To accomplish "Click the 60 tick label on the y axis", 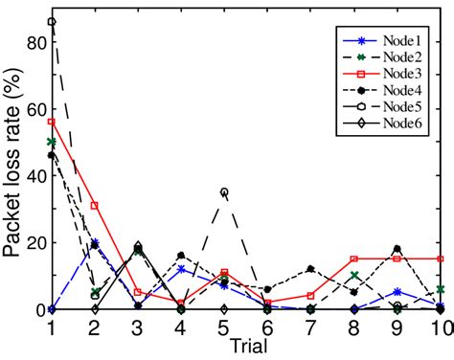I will point(34,109).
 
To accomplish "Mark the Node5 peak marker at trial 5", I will point(224,192).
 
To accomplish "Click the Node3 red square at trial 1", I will point(51,122).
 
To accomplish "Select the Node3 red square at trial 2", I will point(94,206).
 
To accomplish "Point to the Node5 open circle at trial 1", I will point(51,21).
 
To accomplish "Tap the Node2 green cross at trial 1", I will point(51,142).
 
